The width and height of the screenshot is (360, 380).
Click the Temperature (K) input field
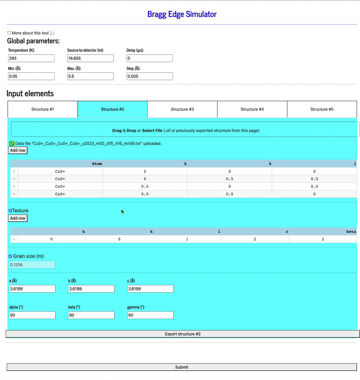[x=31, y=58]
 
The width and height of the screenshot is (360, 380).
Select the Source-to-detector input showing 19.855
[x=90, y=58]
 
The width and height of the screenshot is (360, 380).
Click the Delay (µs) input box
[x=149, y=58]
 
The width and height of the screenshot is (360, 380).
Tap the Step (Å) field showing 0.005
[x=149, y=76]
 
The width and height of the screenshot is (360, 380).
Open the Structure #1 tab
[x=43, y=109]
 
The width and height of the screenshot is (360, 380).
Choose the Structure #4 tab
[x=252, y=109]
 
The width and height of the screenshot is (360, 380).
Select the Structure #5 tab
[x=322, y=109]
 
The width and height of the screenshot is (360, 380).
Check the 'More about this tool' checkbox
[x=9, y=33]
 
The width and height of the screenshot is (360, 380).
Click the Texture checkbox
[x=10, y=211]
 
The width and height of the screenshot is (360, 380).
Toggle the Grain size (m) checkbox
[x=10, y=256]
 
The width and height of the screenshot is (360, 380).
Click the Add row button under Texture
[x=18, y=218]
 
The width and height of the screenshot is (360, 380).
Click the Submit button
[x=182, y=367]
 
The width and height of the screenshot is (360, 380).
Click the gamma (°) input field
[x=150, y=315]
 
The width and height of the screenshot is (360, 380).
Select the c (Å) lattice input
[x=150, y=289]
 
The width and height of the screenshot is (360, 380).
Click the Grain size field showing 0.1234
[x=32, y=265]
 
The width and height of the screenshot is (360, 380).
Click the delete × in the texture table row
[x=14, y=239]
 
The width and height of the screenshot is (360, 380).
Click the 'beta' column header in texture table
[x=351, y=232]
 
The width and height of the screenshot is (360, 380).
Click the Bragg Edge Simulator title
[x=182, y=14]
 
